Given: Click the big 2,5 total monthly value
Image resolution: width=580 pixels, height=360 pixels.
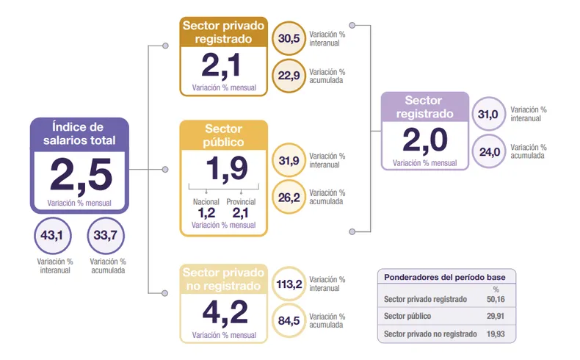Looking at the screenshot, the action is pos(81,175).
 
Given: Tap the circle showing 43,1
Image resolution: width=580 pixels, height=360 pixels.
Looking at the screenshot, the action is pos(53,236).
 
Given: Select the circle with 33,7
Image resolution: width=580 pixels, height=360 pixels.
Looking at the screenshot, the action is pos(106,236).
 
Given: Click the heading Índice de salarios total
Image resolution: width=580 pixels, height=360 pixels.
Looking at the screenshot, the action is pos(79,134).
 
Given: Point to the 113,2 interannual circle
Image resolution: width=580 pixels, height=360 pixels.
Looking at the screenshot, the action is pos(289,284).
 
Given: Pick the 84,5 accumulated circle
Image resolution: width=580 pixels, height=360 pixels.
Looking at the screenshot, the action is pos(289,320).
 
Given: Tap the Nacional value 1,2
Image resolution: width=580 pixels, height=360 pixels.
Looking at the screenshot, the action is pos(206,213).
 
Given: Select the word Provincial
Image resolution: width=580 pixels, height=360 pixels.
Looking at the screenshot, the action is pos(241,201).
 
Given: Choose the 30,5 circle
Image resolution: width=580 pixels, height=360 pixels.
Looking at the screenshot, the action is pos(289,38).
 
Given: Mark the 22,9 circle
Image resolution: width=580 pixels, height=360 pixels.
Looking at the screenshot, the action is pos(289,76).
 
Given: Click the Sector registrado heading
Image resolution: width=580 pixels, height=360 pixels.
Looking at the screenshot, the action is pos(424,107).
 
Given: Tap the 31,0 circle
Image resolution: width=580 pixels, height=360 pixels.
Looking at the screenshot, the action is pos(489,114).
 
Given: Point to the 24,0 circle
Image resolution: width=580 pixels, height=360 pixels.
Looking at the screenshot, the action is pos(489,151).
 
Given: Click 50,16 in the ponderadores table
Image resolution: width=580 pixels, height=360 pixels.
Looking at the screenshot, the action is pos(496,299).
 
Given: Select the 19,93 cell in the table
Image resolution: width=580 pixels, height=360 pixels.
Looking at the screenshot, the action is pos(496,334).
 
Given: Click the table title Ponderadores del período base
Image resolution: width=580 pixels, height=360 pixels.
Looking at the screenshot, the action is pos(445,277).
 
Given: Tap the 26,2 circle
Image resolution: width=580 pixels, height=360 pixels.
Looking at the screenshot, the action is pos(289,197).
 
